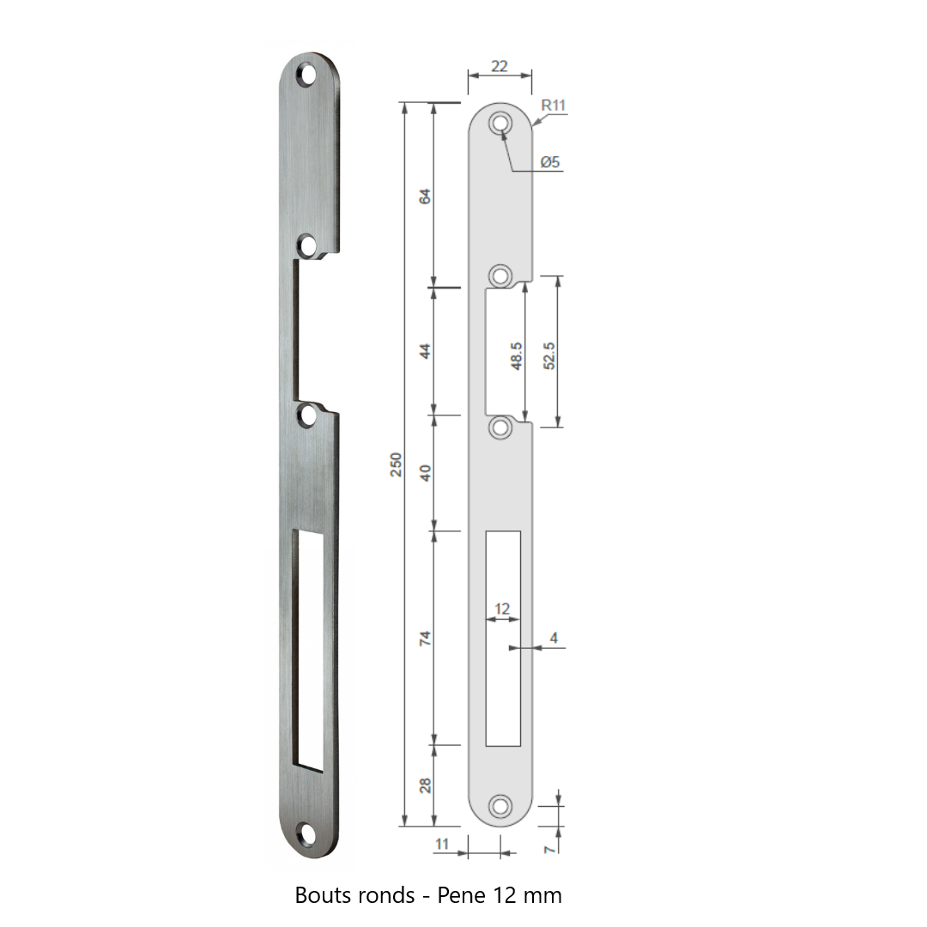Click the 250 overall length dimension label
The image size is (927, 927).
click(x=396, y=464)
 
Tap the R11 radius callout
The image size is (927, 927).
click(x=554, y=106)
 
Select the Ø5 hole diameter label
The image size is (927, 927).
click(x=550, y=162)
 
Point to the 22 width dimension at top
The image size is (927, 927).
click(x=500, y=66)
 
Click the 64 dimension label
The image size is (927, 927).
click(x=425, y=197)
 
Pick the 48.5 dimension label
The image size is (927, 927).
click(x=516, y=356)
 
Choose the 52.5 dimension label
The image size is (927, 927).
click(x=548, y=356)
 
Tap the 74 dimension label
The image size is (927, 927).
click(x=425, y=639)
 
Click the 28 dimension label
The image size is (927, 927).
click(x=425, y=785)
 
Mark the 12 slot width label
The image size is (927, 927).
click(x=502, y=609)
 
